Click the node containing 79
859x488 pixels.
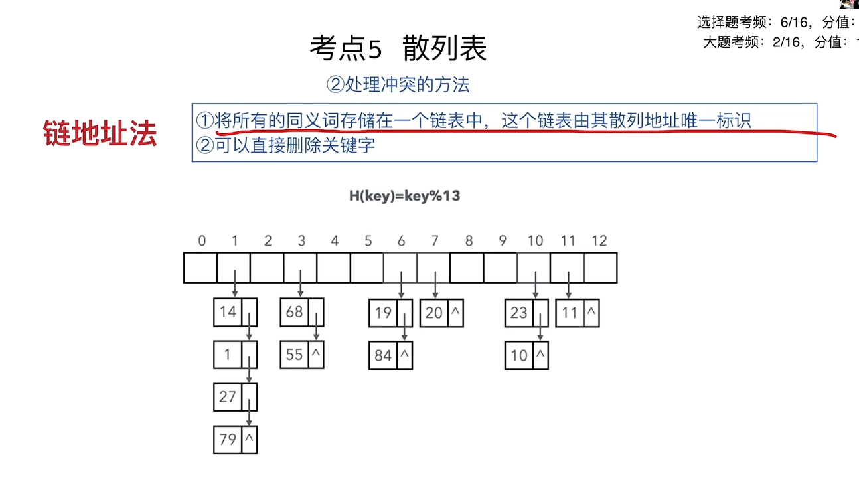235,440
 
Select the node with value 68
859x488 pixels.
302,312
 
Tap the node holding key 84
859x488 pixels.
391,355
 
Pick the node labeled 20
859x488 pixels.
441,313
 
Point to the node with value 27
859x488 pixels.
235,397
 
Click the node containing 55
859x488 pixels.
302,355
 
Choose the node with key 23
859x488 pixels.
526,313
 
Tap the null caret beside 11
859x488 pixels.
591,311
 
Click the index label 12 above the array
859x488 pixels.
599,241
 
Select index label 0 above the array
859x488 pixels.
202,241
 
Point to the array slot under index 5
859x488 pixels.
367,268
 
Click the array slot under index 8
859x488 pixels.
467,268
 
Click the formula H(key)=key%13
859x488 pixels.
404,196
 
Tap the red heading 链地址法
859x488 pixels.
100,133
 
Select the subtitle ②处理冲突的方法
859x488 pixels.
398,85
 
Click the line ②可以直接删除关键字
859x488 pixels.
285,145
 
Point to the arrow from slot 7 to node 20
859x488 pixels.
435,285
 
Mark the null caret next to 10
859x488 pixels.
540,354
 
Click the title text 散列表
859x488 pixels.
445,48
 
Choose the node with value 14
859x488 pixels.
235,312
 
